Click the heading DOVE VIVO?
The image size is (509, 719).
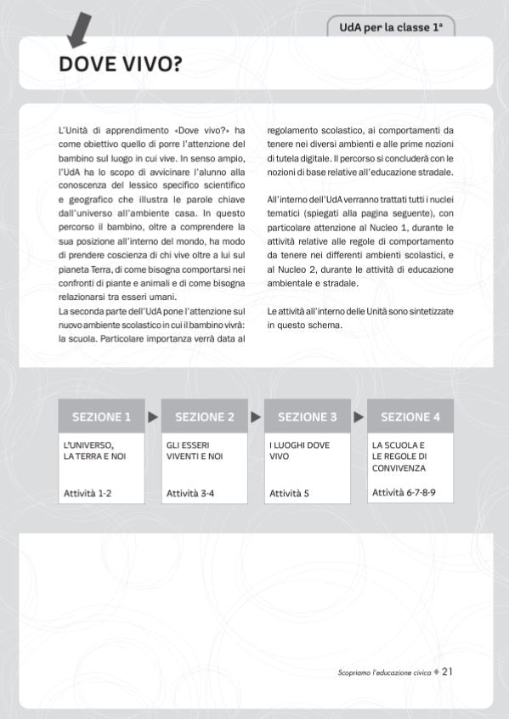pyautogui.click(x=120, y=65)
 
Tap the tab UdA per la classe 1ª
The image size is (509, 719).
pyautogui.click(x=391, y=27)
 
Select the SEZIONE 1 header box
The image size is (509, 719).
pyautogui.click(x=101, y=416)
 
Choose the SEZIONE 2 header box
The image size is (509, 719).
pyautogui.click(x=205, y=416)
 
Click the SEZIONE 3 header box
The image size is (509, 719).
pyautogui.click(x=308, y=416)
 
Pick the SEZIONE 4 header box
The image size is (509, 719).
pyautogui.click(x=410, y=416)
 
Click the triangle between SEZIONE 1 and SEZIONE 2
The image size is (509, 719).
pyautogui.click(x=153, y=416)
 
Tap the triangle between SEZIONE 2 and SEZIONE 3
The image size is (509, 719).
pyautogui.click(x=256, y=416)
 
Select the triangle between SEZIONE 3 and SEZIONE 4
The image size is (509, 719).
pyautogui.click(x=359, y=416)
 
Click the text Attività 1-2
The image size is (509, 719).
pyautogui.click(x=88, y=492)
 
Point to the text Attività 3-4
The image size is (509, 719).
pyautogui.click(x=190, y=492)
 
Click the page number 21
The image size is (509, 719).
pyautogui.click(x=447, y=671)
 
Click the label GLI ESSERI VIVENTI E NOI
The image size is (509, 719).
pyautogui.click(x=195, y=450)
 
